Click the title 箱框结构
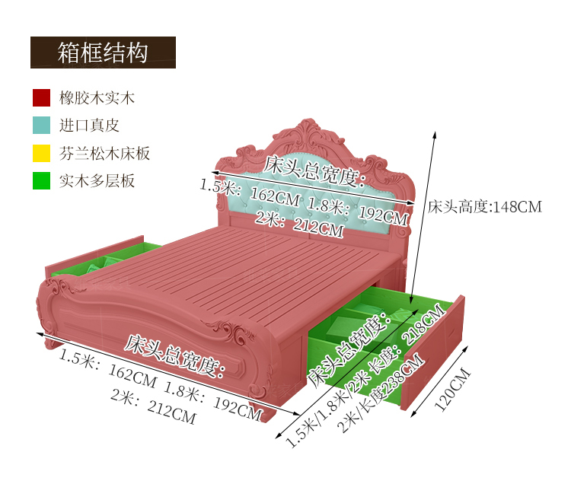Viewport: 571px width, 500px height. (x=103, y=53)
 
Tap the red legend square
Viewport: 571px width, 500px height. (x=41, y=97)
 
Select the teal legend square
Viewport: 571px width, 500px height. (x=41, y=125)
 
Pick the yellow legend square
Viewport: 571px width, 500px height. (x=41, y=153)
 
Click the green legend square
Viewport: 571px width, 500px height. (x=41, y=181)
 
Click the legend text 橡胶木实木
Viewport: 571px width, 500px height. (x=97, y=98)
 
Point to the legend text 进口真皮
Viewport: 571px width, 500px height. (x=89, y=126)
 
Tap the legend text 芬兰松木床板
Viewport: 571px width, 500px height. (x=104, y=154)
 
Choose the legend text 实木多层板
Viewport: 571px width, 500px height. (x=97, y=181)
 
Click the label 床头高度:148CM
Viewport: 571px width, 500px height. (x=484, y=207)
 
